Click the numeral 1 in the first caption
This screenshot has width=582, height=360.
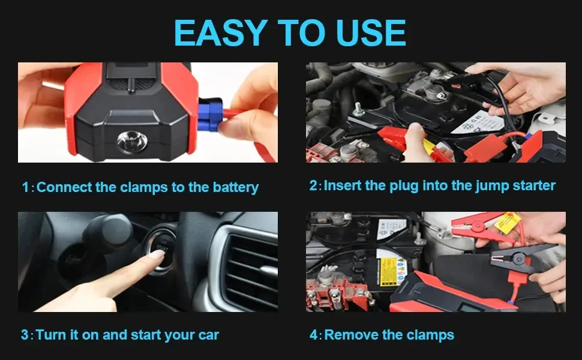(25, 187)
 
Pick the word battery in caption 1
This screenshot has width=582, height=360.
(235, 187)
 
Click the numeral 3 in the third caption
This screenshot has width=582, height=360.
(25, 335)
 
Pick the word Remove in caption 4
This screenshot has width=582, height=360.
(349, 335)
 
